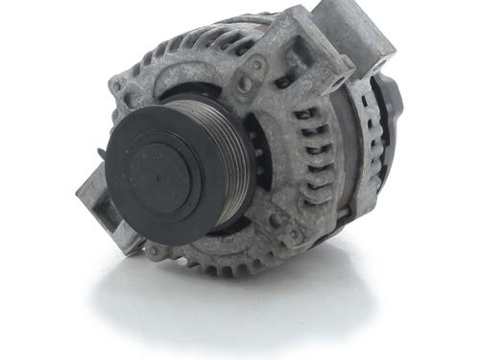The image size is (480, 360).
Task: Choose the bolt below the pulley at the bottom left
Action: tap(152, 252)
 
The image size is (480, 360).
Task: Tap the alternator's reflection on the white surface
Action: tap(250, 307)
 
